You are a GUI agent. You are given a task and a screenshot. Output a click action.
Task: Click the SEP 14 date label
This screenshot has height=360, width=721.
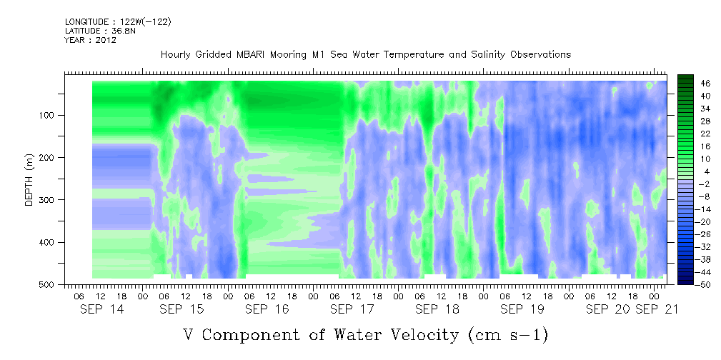click(x=102, y=309)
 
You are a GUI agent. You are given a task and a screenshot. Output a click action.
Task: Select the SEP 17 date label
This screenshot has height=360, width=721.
click(x=352, y=309)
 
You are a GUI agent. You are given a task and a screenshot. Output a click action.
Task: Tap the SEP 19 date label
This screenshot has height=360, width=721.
click(x=522, y=309)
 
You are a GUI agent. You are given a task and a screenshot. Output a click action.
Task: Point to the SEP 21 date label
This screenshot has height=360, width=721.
click(x=657, y=309)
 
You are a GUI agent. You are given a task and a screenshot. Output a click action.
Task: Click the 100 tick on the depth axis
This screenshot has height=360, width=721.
click(x=49, y=115)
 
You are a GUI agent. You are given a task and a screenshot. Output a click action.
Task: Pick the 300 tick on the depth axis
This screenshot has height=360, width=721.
click(x=49, y=199)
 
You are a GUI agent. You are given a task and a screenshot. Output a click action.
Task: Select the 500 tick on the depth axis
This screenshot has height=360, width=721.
click(x=49, y=284)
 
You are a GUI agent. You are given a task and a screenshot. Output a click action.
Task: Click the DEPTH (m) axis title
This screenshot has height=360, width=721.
click(x=29, y=179)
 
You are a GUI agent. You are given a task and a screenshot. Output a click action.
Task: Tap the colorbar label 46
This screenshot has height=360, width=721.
click(x=693, y=84)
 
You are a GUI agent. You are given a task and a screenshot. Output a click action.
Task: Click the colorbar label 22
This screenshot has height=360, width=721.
click(x=693, y=136)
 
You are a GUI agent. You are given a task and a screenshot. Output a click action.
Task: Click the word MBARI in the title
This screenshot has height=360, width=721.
click(x=249, y=55)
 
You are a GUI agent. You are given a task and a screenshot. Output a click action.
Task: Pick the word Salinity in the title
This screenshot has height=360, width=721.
click(x=487, y=55)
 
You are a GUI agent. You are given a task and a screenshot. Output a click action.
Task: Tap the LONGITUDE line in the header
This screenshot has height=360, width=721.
click(x=118, y=21)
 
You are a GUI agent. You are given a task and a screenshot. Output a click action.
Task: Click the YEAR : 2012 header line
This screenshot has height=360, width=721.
click(x=91, y=40)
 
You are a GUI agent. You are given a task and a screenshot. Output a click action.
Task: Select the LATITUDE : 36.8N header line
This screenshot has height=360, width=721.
click(x=100, y=31)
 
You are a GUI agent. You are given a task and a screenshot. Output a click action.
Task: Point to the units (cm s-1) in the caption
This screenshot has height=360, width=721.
click(x=508, y=335)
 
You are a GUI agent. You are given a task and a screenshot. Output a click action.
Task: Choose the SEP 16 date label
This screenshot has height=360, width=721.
click(x=267, y=309)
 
